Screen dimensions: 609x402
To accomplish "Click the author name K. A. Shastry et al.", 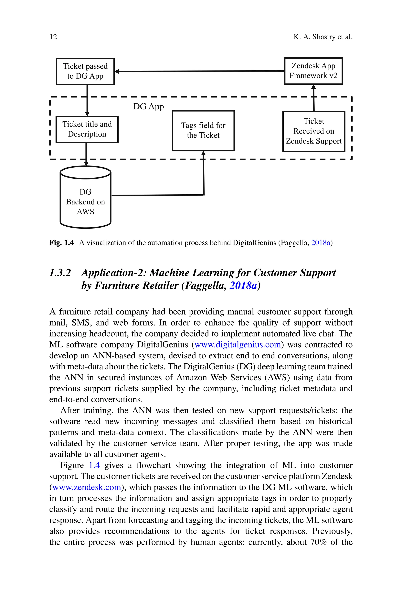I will coord(323,37).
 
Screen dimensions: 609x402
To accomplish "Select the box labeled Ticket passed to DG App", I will coord(85,71).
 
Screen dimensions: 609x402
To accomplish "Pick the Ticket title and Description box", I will coord(87,129).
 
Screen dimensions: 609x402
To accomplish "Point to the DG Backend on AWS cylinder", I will coord(85,202).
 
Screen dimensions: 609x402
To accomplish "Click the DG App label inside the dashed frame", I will coord(148,107).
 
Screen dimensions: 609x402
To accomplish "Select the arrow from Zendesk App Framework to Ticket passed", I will coord(200,71).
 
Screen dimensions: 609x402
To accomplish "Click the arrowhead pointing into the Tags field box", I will coord(203,153).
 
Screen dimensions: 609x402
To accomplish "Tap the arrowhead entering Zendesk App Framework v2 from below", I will coord(313,87).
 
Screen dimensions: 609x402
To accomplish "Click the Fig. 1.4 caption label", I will coord(61,243).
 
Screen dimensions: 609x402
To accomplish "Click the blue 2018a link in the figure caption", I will coord(321,243).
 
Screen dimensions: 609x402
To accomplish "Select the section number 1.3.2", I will coord(60,273).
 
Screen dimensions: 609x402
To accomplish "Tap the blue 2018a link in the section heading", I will coord(243,286).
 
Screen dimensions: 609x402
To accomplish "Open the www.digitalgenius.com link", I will coord(238,345).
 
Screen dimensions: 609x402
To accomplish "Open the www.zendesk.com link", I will coord(87,487).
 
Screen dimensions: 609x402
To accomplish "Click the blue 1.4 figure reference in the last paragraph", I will coord(94,465).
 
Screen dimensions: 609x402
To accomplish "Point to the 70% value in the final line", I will coord(318,542).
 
